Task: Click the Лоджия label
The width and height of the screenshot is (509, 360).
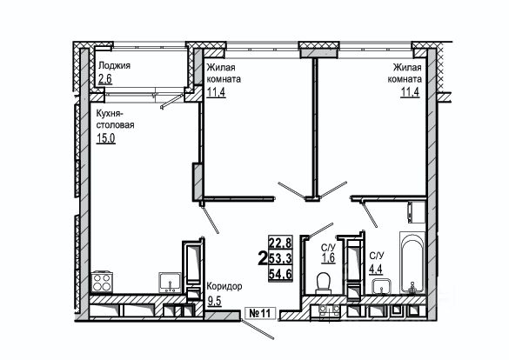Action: pyautogui.click(x=114, y=65)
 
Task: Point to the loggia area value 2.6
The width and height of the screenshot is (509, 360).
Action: pyautogui.click(x=105, y=79)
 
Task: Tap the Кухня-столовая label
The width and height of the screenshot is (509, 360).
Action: pyautogui.click(x=115, y=119)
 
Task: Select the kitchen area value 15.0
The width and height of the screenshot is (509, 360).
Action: pyautogui.click(x=106, y=138)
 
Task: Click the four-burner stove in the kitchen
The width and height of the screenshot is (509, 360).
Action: pyautogui.click(x=103, y=282)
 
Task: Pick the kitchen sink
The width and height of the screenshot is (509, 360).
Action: pyautogui.click(x=170, y=283)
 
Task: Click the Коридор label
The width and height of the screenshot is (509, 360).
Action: pyautogui.click(x=224, y=287)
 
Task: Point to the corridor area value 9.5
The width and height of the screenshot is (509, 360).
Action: pyautogui.click(x=214, y=301)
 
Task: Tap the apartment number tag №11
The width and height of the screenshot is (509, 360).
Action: pyautogui.click(x=259, y=313)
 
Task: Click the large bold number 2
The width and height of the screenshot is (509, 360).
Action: pyautogui.click(x=262, y=258)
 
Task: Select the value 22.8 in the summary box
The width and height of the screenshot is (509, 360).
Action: pyautogui.click(x=280, y=243)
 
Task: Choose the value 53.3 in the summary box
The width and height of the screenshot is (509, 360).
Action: pyautogui.click(x=280, y=258)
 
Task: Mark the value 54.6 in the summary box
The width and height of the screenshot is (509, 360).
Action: pyautogui.click(x=280, y=274)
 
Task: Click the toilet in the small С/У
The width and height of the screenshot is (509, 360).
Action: pyautogui.click(x=324, y=283)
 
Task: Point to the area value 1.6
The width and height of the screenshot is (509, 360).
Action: pyautogui.click(x=328, y=258)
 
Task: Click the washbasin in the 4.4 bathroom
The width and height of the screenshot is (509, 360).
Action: pyautogui.click(x=382, y=286)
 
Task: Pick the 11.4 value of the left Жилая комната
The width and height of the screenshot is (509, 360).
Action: pyautogui.click(x=216, y=92)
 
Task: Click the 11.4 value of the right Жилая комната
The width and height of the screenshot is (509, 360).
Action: pyautogui.click(x=410, y=92)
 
